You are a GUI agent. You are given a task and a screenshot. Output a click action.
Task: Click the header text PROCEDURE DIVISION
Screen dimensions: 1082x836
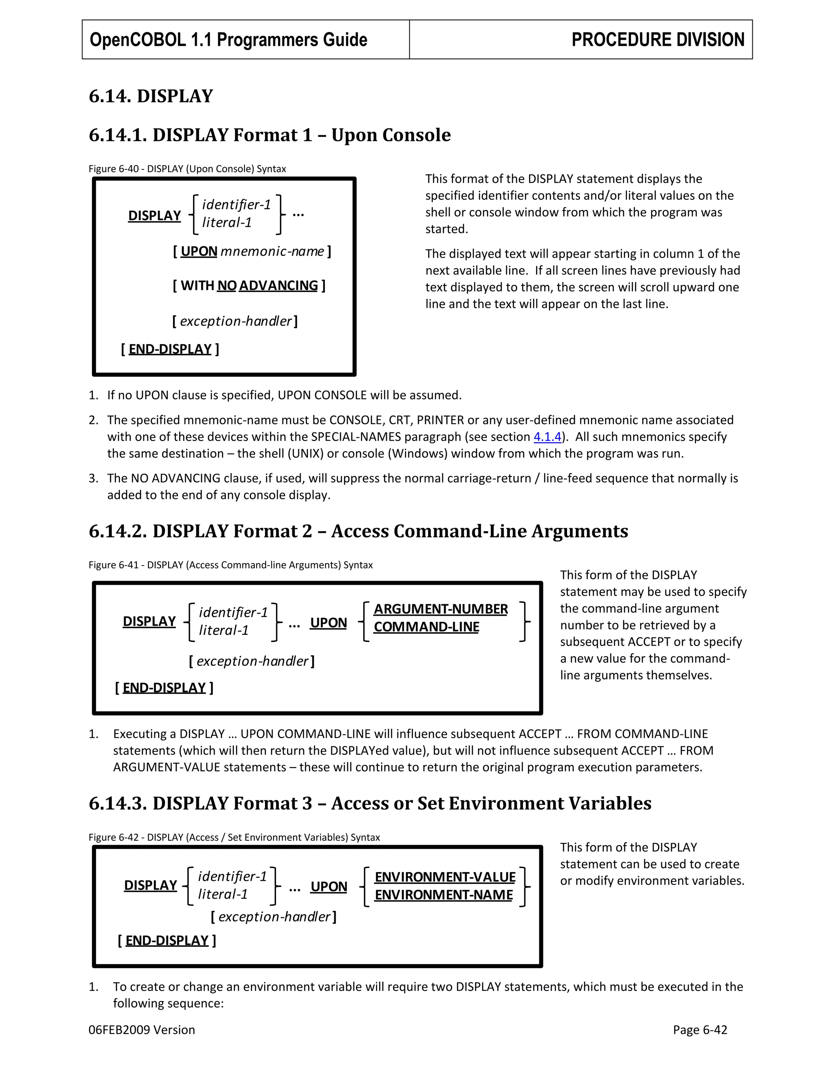[x=657, y=40]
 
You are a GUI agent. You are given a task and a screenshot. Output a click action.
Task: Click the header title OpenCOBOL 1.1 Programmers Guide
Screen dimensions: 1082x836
[x=228, y=40]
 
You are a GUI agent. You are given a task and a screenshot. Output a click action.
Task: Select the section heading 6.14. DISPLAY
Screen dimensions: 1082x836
[x=151, y=96]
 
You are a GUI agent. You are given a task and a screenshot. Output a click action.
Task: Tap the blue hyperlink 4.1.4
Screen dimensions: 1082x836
[x=547, y=436]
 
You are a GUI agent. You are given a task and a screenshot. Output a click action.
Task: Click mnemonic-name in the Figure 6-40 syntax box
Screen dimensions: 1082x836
[x=272, y=251]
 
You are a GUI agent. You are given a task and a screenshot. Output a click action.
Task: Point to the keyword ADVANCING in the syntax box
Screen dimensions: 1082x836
[x=278, y=285]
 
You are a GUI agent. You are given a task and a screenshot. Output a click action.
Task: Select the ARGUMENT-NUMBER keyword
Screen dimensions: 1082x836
[x=440, y=609]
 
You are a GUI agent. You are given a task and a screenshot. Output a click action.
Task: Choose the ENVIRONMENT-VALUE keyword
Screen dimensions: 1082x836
[x=445, y=877]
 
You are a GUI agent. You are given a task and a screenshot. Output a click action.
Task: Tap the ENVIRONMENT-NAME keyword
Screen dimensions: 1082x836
[x=443, y=895]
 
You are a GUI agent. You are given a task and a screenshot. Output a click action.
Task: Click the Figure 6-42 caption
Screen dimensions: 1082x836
[x=234, y=837]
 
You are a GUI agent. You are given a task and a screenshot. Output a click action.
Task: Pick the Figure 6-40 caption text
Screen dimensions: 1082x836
[x=187, y=169]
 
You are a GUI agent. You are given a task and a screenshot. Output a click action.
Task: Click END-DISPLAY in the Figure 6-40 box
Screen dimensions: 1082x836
[x=170, y=349]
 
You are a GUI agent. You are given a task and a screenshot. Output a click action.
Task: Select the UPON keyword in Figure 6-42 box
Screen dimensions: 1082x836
[x=328, y=886]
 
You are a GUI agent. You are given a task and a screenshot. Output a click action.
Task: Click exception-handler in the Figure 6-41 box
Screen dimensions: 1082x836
[x=252, y=661]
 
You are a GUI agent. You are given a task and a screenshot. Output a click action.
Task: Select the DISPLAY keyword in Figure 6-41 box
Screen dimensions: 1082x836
[x=149, y=621]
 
